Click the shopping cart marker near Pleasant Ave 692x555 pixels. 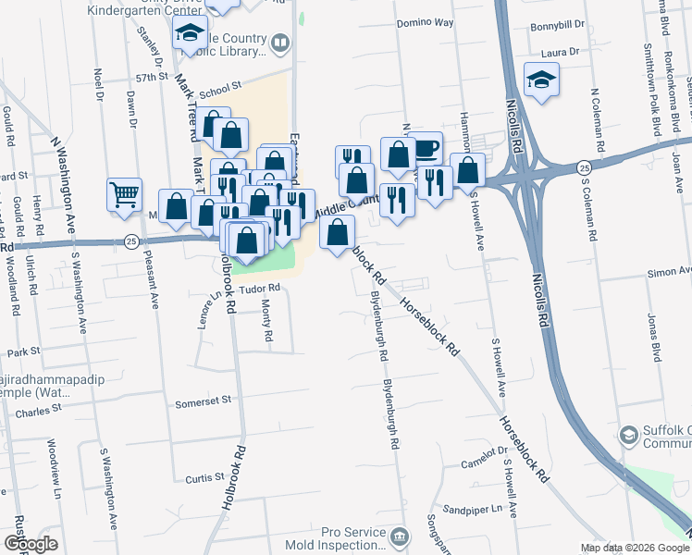coord(124,194)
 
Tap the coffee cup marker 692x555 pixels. coord(425,148)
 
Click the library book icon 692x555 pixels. coord(279,43)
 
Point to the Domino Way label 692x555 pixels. coord(425,21)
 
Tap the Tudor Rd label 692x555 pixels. coord(260,289)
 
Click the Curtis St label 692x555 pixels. coord(205,477)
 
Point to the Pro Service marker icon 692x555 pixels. coord(399,536)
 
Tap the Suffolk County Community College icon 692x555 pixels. coord(628,435)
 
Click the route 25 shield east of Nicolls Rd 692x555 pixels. coord(583,167)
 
